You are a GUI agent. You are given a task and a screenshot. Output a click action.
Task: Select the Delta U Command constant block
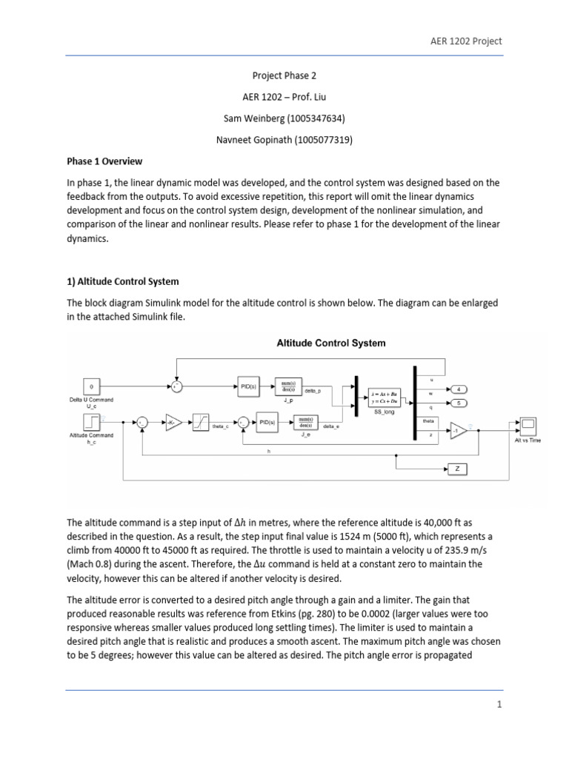point(91,386)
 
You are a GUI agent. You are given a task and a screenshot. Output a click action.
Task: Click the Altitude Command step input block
point(91,422)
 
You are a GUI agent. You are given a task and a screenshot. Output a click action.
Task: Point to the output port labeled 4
point(459,389)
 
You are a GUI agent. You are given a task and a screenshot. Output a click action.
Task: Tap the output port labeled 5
point(459,403)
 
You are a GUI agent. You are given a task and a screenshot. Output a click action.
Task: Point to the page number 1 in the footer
point(499,705)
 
